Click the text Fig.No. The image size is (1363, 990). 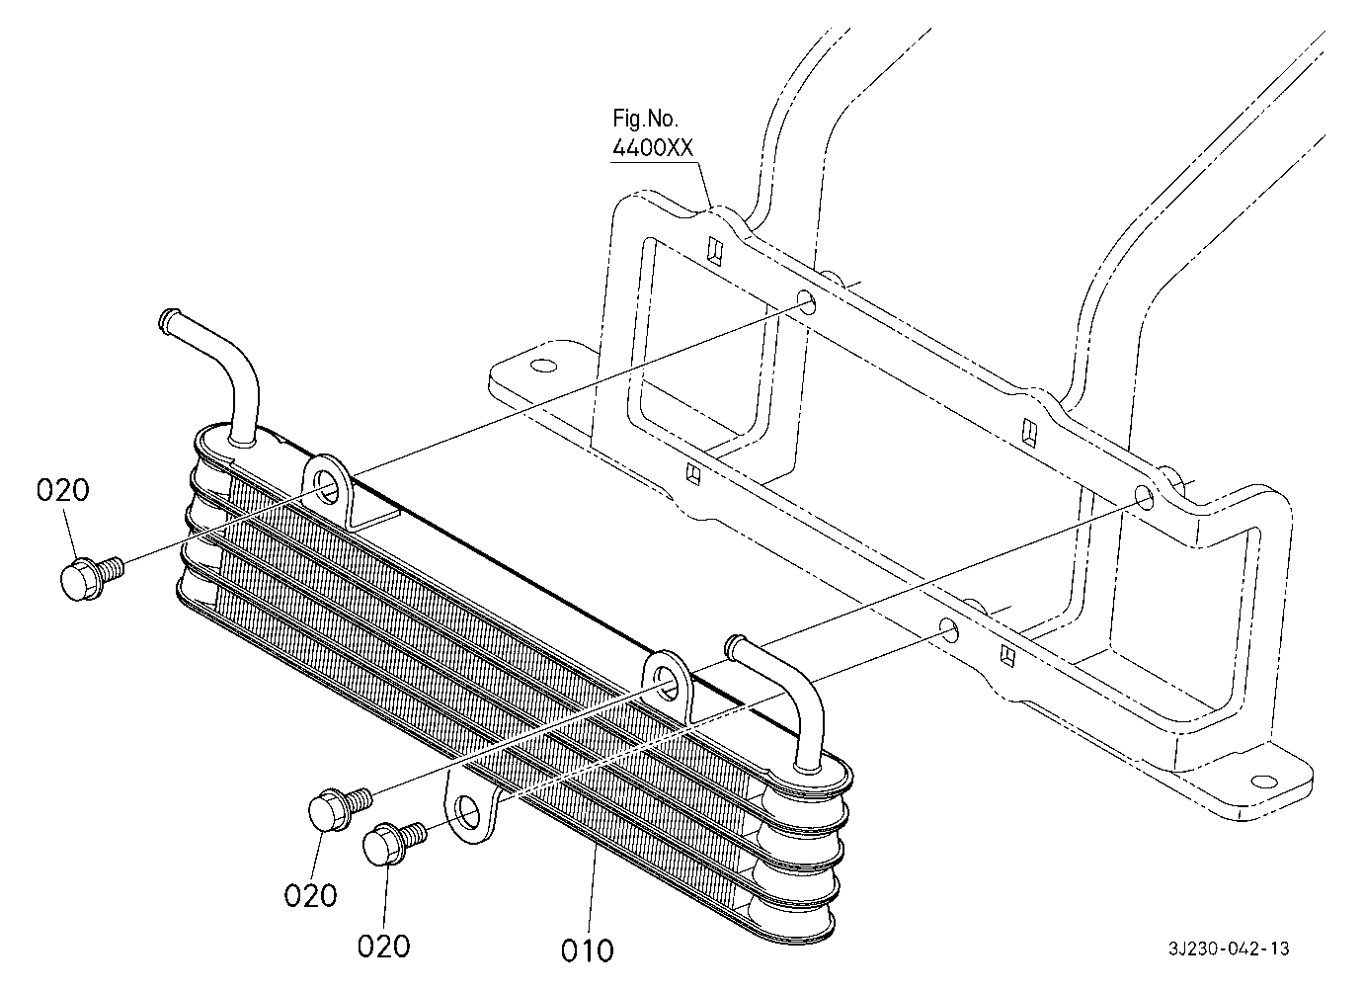(x=645, y=120)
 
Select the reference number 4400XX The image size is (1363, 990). (x=652, y=148)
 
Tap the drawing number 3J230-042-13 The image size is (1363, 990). (x=1228, y=949)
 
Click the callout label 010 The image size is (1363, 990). (x=587, y=951)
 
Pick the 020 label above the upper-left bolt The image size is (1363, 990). (x=62, y=491)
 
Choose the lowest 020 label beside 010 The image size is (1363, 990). (x=383, y=947)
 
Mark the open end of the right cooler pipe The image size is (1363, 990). (x=733, y=646)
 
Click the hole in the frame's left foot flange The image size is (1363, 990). (x=543, y=366)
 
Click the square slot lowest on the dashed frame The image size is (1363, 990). (x=1007, y=655)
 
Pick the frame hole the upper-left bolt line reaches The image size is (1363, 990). (x=808, y=301)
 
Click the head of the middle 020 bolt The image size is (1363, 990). (x=329, y=808)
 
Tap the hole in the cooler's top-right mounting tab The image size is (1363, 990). (x=668, y=682)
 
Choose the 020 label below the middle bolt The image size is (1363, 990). (x=310, y=896)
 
